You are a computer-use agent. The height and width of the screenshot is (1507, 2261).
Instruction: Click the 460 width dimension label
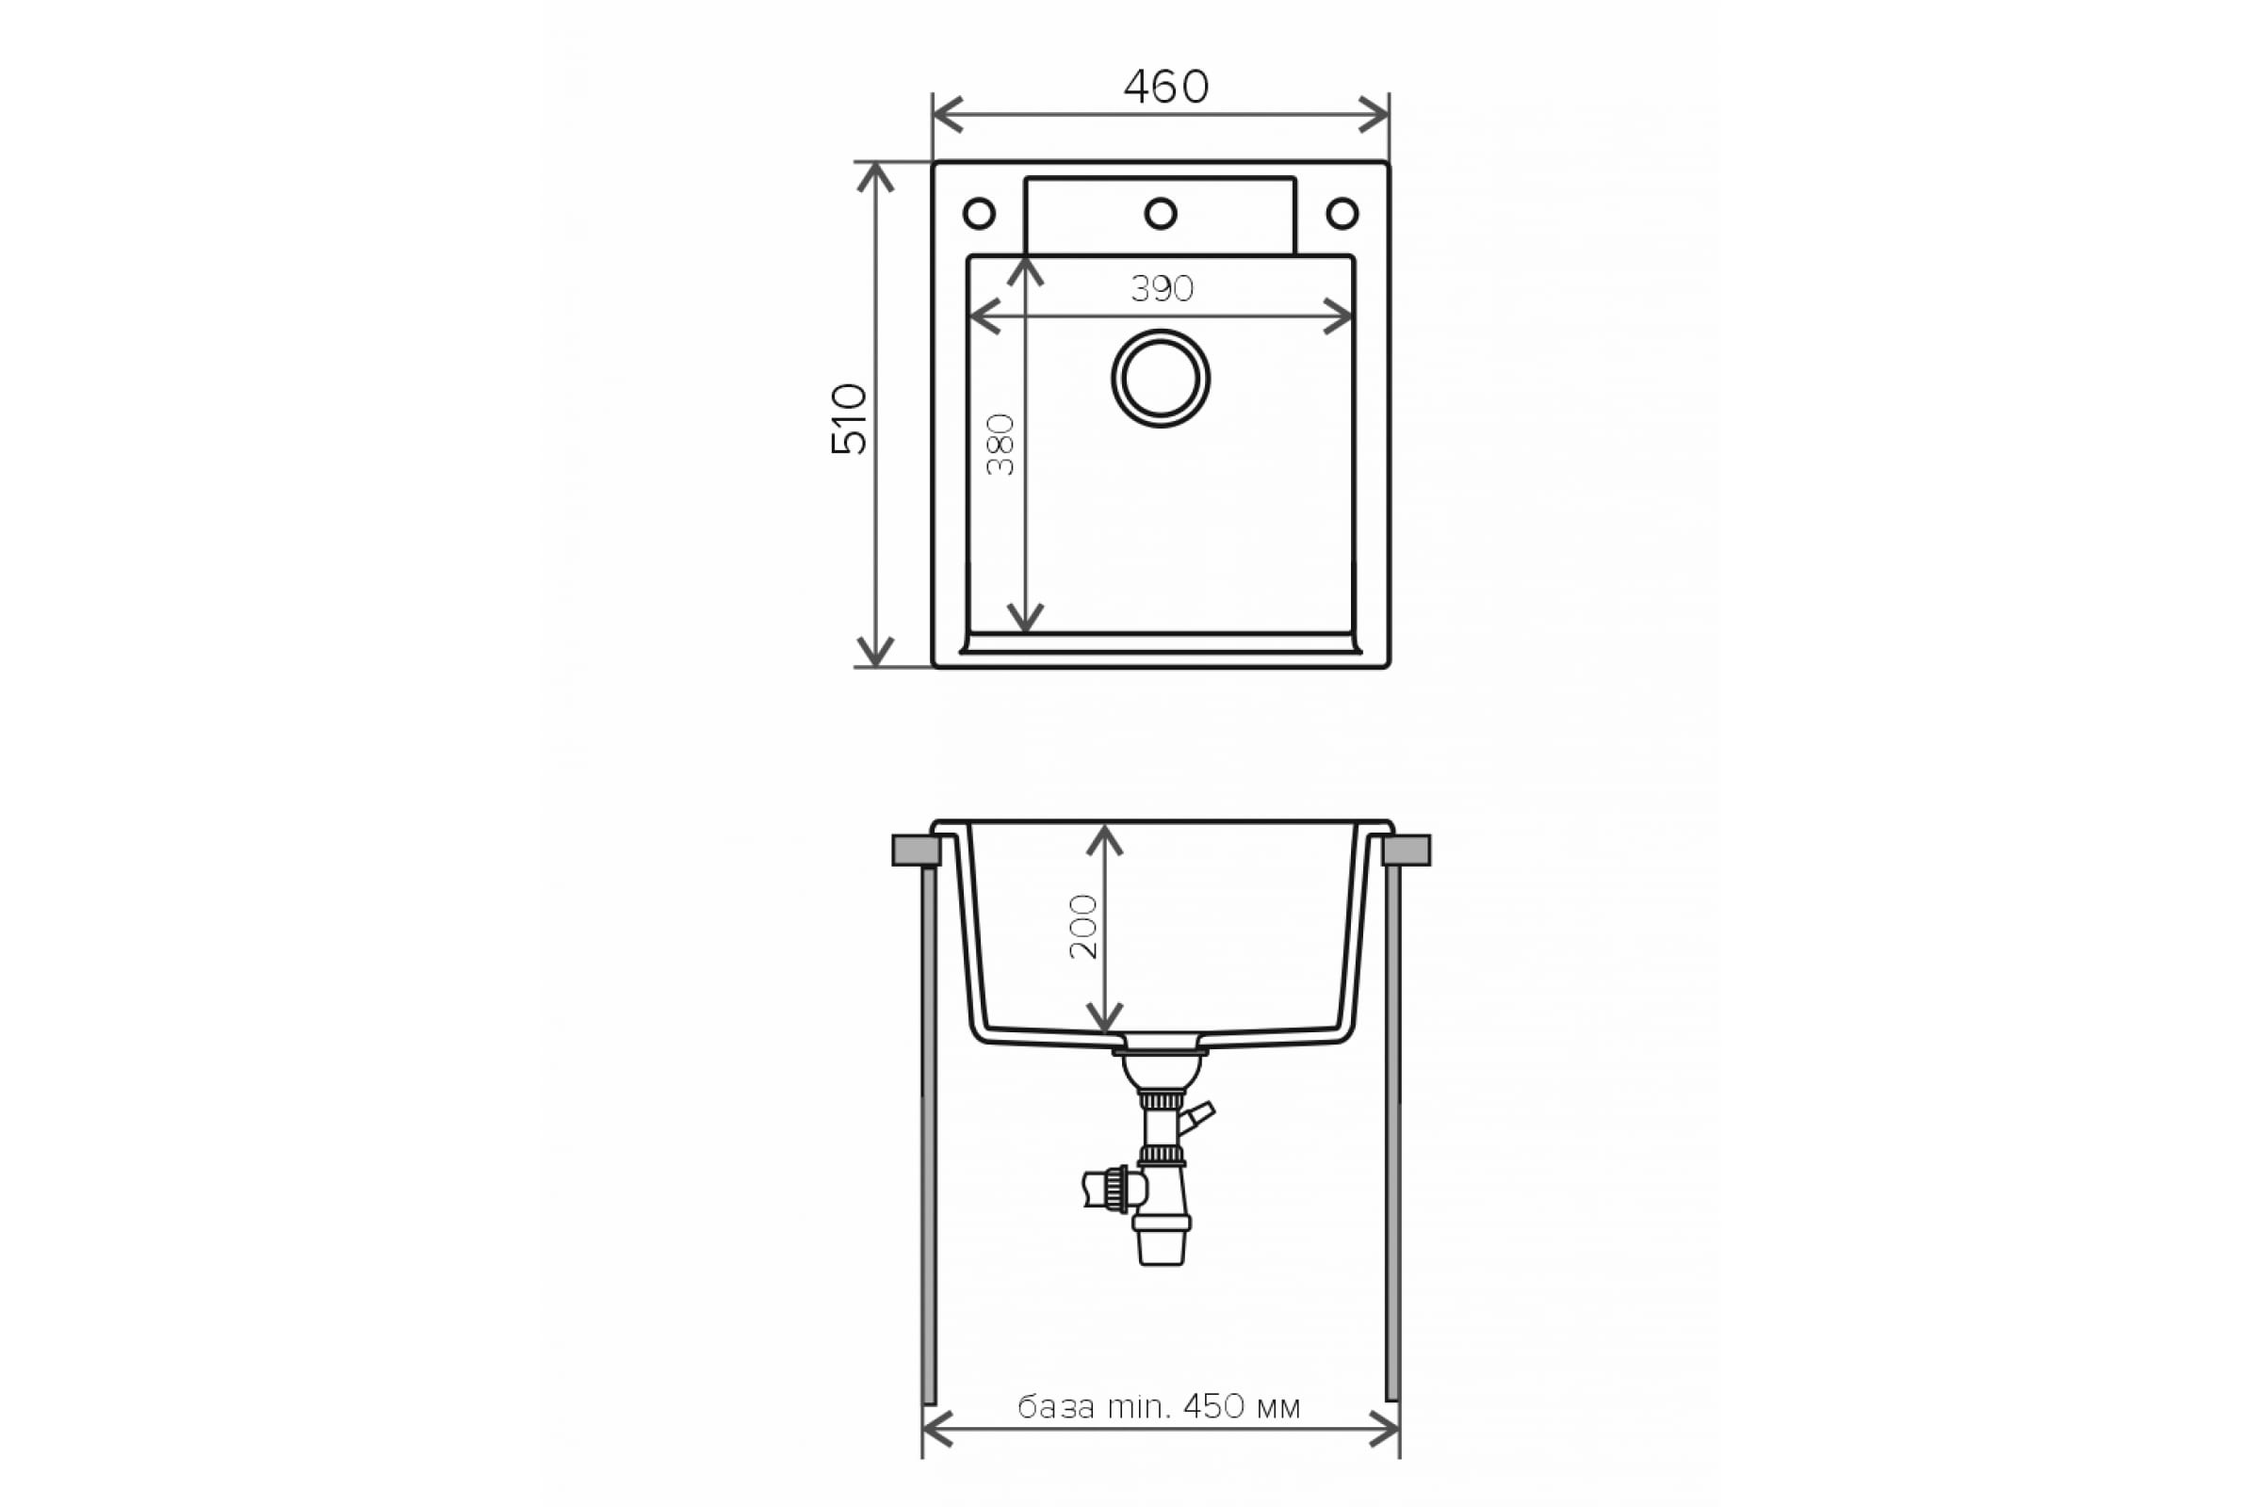click(1166, 87)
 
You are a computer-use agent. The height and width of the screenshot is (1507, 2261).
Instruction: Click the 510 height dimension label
click(850, 418)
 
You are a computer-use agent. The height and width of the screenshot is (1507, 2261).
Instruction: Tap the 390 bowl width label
click(1163, 288)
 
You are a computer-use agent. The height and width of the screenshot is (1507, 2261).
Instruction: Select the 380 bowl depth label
click(1000, 444)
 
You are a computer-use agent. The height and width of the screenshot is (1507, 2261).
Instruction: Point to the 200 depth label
click(1083, 927)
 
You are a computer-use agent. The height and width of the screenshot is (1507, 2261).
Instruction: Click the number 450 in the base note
click(1215, 1406)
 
